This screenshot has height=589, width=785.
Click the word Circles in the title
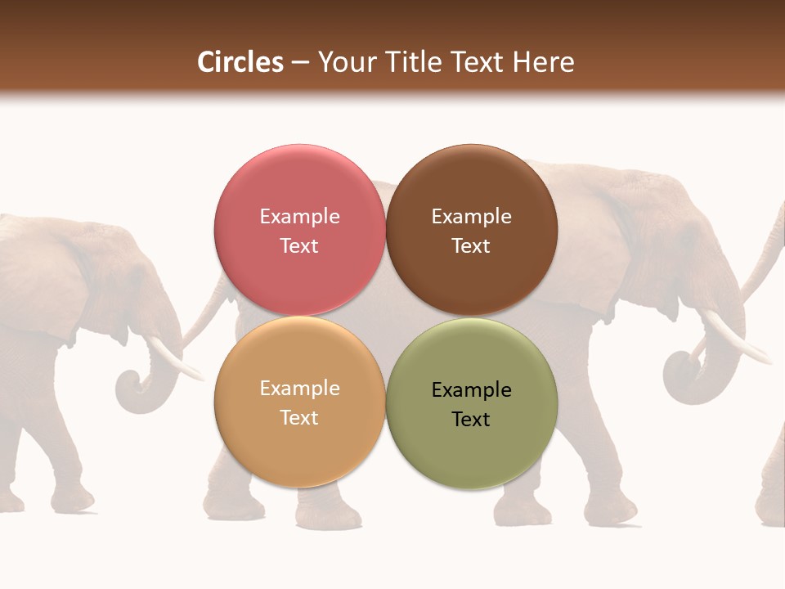point(240,62)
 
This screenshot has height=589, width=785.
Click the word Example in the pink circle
point(299,217)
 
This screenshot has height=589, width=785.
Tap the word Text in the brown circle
point(471,246)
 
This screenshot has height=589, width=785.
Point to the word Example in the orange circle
point(299,389)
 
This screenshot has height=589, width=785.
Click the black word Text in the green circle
point(471,420)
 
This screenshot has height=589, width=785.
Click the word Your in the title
point(343,62)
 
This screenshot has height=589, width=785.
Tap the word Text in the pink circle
point(299,246)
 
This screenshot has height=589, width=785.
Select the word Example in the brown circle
point(471,217)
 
